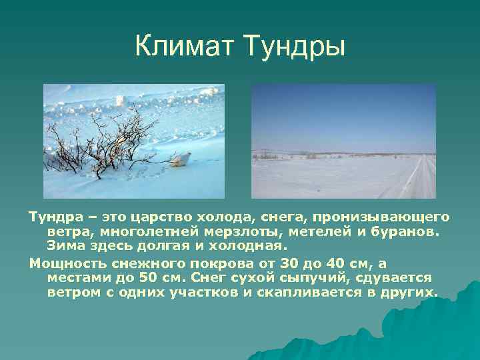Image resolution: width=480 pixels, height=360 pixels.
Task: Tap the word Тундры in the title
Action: (293, 47)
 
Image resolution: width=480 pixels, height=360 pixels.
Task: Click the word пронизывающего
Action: (395, 218)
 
